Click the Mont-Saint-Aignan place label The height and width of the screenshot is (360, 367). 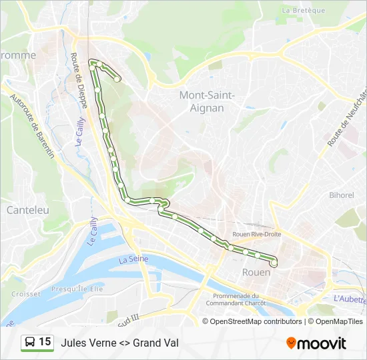tap(207, 101)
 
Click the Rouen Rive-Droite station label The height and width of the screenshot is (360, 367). tap(257, 234)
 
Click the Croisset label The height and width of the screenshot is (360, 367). tap(27, 293)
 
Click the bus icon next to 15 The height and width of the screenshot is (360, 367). tap(30, 342)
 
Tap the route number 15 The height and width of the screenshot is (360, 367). tap(45, 342)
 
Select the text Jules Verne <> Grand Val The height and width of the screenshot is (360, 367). tap(119, 343)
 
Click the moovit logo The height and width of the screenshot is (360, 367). tap(316, 343)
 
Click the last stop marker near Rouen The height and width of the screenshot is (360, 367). tap(274, 263)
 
